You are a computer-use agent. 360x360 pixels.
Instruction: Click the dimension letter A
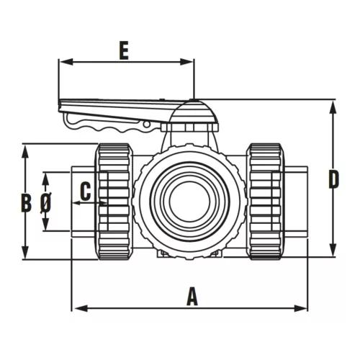tap(192, 296)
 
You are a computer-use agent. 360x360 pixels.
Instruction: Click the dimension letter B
tap(26, 202)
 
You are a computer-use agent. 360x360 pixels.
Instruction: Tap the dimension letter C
tap(85, 192)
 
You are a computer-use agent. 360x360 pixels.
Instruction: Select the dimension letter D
tap(333, 179)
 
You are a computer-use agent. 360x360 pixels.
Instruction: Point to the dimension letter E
tap(124, 51)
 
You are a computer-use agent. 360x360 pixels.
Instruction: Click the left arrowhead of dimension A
tap(76, 308)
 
